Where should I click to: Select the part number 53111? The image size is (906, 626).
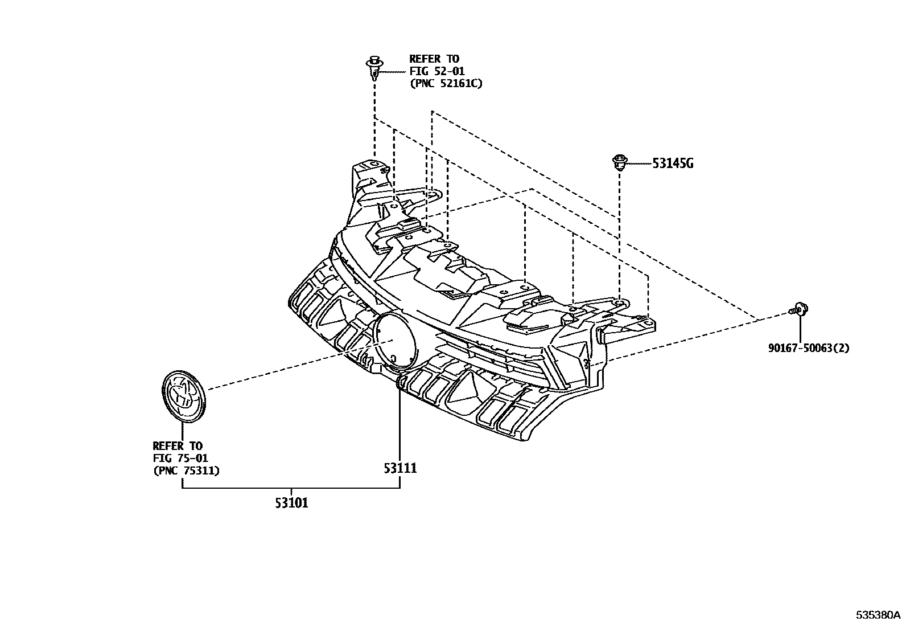point(400,468)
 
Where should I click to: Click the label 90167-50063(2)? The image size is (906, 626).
point(808,348)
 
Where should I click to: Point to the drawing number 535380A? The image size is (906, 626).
point(879,615)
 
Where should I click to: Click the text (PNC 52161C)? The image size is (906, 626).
point(446,84)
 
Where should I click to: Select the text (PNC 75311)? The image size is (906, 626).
point(186,470)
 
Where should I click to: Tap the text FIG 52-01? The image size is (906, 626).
point(436,71)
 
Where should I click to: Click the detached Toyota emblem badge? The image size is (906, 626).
point(183,396)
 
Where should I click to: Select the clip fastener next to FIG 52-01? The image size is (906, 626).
point(373,67)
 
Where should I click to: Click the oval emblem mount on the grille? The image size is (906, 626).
point(394,339)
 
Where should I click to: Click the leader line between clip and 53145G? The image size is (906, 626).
point(638,164)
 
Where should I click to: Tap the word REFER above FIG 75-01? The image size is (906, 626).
point(165,446)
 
